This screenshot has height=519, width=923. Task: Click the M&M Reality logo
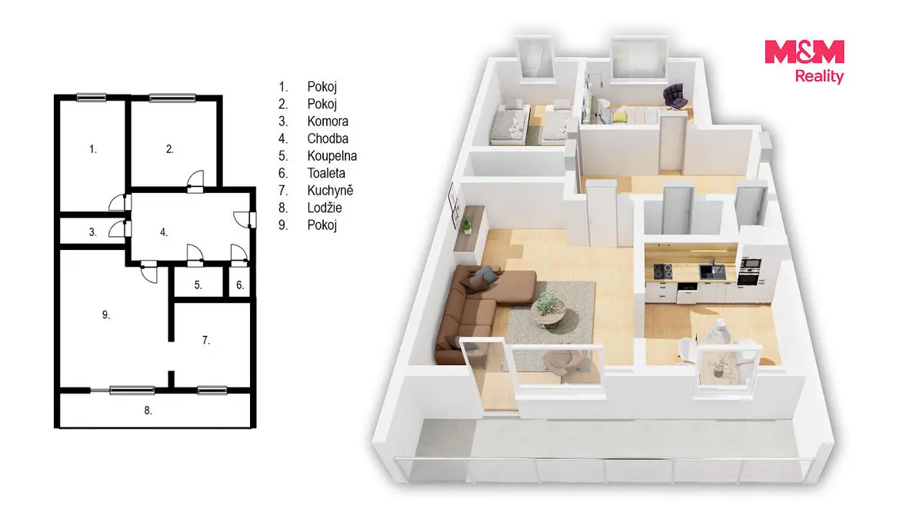(805, 62)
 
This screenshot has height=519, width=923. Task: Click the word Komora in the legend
(328, 121)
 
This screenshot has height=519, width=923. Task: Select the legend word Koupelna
(332, 155)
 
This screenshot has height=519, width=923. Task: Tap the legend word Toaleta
(326, 173)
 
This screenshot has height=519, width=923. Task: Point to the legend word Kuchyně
(330, 191)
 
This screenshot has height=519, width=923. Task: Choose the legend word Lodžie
(325, 208)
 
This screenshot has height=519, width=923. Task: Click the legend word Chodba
(328, 138)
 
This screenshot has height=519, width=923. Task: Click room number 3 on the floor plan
(93, 232)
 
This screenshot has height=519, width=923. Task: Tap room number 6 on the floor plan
(240, 284)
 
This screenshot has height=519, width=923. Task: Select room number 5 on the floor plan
(198, 284)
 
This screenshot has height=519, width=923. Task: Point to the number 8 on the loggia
(148, 411)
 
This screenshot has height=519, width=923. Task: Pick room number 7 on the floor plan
(206, 340)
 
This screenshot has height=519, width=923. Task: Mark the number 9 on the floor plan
(106, 314)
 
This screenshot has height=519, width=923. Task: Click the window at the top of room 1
(91, 97)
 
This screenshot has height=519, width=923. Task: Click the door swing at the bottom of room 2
(195, 181)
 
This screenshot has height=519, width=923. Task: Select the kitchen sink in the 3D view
(711, 270)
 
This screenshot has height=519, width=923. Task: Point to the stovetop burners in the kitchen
(662, 271)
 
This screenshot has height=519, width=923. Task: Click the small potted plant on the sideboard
(466, 226)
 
